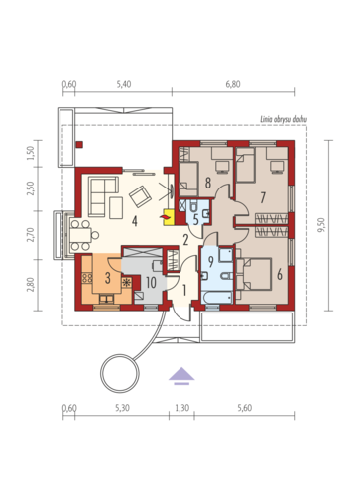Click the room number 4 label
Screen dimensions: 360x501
point(135,221)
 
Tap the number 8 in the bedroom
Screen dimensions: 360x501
point(208,183)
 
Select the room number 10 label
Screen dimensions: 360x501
point(151,283)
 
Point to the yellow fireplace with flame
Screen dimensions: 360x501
point(169,217)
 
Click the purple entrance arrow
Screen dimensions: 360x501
point(181,376)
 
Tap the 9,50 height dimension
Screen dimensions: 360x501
point(321,225)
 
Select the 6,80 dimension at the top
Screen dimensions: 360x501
point(233,84)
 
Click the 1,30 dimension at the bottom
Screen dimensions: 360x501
point(181,408)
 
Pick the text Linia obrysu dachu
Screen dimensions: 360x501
point(284,119)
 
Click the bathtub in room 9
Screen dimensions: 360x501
point(218,297)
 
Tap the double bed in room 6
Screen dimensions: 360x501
point(257,274)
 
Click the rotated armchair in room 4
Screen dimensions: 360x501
point(141,196)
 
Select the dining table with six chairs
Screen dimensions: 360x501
point(81,235)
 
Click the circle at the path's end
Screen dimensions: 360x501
point(120,373)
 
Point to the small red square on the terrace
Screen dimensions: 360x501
point(79,144)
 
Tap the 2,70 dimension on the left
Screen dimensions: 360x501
point(31,235)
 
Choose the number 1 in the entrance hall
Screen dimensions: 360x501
point(184,291)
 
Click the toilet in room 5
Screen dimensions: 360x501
point(193,206)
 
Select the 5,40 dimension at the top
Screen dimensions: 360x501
point(124,84)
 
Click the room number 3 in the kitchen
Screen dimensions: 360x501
point(108,278)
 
